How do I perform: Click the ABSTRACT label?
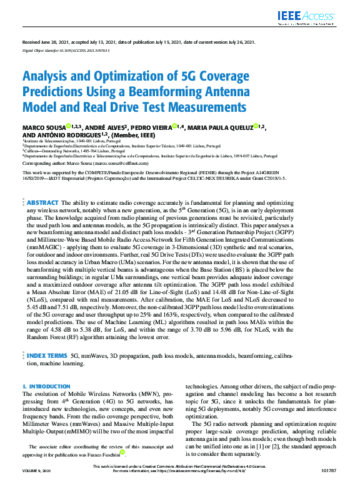[42, 186]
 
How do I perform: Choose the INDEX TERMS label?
[47, 355]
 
